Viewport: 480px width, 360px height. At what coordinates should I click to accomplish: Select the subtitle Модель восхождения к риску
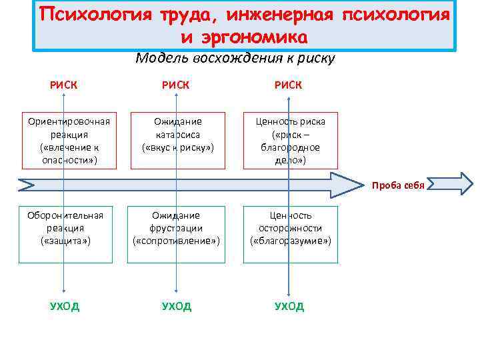tap(235, 58)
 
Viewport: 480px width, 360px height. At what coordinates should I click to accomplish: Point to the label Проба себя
tap(399, 185)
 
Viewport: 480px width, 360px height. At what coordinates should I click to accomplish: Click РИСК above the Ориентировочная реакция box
tap(63, 85)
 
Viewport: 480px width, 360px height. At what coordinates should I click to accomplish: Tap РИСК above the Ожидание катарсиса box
tap(176, 85)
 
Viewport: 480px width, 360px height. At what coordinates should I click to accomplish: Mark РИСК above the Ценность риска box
tap(288, 85)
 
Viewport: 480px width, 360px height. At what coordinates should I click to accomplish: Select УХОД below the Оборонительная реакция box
tap(64, 306)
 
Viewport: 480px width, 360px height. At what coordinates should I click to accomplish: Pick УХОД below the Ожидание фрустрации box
tap(176, 306)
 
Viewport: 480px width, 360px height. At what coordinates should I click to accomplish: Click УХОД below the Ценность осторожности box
tap(289, 306)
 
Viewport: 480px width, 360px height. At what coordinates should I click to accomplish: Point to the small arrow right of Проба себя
tap(451, 183)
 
